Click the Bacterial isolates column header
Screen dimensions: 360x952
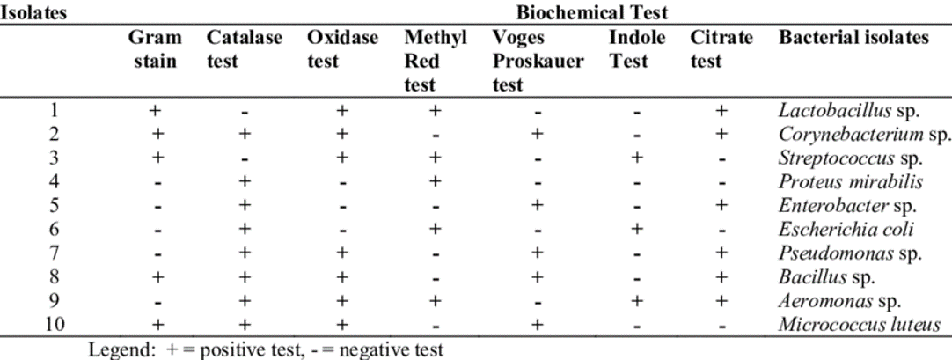pyautogui.click(x=852, y=41)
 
